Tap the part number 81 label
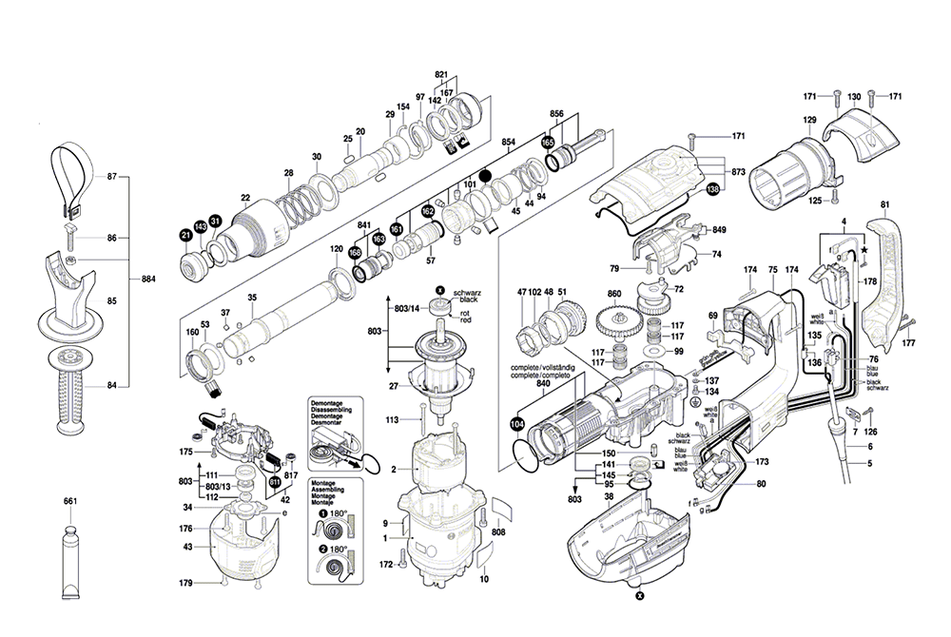[x=884, y=205]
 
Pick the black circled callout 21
[x=185, y=235]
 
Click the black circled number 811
[x=275, y=482]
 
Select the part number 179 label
[x=185, y=582]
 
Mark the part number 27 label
[x=393, y=385]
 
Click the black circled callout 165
[x=548, y=142]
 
